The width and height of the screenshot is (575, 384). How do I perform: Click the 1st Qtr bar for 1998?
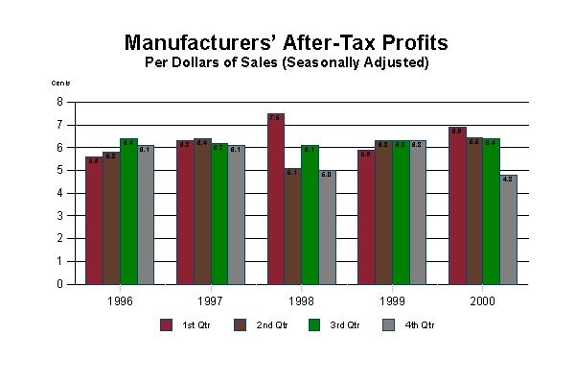click(x=276, y=199)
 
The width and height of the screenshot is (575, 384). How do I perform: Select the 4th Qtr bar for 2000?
click(x=508, y=229)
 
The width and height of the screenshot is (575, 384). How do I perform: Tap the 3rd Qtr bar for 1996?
click(x=128, y=211)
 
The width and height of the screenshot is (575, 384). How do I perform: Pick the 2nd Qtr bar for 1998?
click(x=292, y=227)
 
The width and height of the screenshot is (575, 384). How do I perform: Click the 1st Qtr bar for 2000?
click(x=457, y=205)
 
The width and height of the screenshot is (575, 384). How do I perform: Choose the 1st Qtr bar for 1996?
click(x=93, y=220)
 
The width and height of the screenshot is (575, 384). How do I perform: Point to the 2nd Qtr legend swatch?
click(x=240, y=324)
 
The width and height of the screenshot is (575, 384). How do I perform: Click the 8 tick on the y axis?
click(x=59, y=102)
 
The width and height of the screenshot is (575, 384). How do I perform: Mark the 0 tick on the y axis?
click(x=59, y=284)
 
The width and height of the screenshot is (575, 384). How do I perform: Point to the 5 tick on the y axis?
click(x=59, y=170)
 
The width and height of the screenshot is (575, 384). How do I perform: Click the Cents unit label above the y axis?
click(x=60, y=83)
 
